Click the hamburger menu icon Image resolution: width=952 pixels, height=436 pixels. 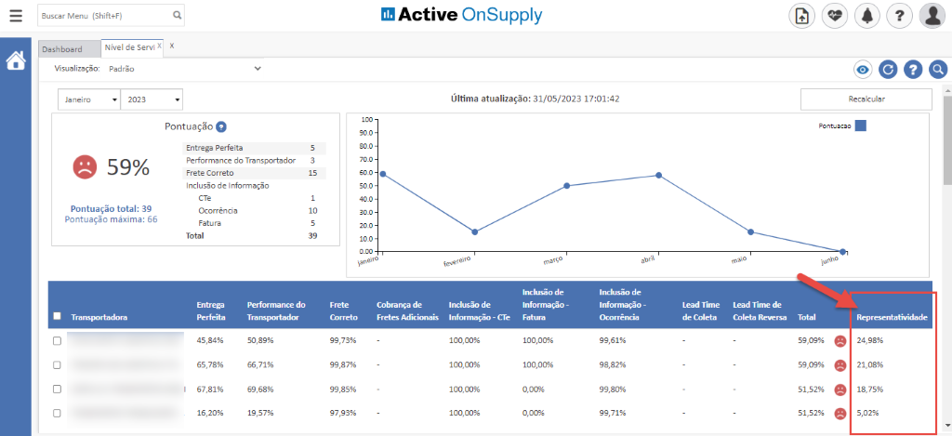point(16,16)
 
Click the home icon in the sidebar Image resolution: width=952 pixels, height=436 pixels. point(16,61)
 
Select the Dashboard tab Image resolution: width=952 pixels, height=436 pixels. point(62,49)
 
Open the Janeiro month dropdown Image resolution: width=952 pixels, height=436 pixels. point(89,99)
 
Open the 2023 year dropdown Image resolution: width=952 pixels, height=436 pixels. point(152,99)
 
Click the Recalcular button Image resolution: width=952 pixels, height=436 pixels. point(866,99)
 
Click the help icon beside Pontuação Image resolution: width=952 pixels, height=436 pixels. point(221,126)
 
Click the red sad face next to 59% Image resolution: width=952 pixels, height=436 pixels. point(85,167)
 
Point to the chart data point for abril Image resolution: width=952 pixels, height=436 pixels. point(658,175)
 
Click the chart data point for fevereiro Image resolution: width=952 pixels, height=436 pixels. point(474,231)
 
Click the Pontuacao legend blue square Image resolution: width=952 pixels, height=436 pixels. point(861,126)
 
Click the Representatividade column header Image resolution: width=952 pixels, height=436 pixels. point(892,317)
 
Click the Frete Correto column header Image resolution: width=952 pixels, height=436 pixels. point(343,310)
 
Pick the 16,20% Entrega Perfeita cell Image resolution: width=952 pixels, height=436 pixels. point(209,412)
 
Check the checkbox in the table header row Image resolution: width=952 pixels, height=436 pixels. point(57,316)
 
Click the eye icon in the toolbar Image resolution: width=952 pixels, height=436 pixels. point(862,69)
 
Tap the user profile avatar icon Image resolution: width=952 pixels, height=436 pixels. point(932,16)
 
